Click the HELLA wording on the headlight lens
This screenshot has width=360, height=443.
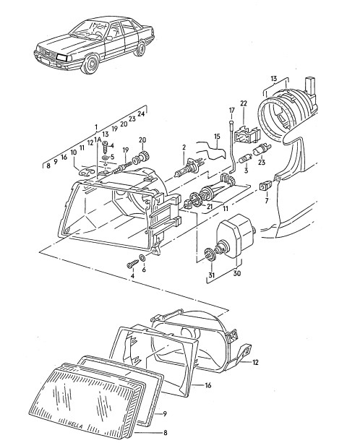pos(74,423)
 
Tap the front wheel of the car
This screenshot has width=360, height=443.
pos(90,64)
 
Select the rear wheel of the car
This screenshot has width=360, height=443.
pos(140,48)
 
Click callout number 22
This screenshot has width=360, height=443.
pos(244,103)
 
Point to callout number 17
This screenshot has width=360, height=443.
pos(232,110)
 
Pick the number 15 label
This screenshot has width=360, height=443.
pos(217,137)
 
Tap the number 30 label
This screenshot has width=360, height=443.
pos(237,273)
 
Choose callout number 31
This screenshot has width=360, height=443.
pos(212,275)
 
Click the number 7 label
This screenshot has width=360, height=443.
pos(267,202)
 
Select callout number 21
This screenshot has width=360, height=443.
pos(209,207)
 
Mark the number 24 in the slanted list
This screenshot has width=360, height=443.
pos(141,113)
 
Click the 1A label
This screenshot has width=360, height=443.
pos(98,139)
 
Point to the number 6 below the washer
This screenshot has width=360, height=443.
pos(144,270)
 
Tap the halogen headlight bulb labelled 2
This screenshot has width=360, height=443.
pos(188,168)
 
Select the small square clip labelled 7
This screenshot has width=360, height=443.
pos(265,186)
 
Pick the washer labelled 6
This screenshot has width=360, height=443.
pos(142,258)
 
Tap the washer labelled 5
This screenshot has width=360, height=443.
pos(105,157)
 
